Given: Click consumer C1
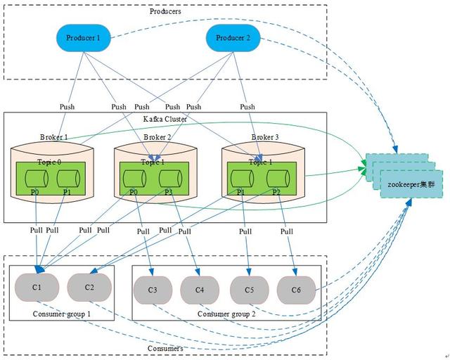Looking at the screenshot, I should point(37,287).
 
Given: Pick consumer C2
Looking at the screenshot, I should point(89,287).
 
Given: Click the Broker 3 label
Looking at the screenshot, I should point(264,136).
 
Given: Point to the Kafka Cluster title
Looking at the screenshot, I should point(166,119).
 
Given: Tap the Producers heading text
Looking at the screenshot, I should point(166,11).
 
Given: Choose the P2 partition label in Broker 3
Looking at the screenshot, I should point(276,191).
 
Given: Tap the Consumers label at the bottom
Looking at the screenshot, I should point(166,348).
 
